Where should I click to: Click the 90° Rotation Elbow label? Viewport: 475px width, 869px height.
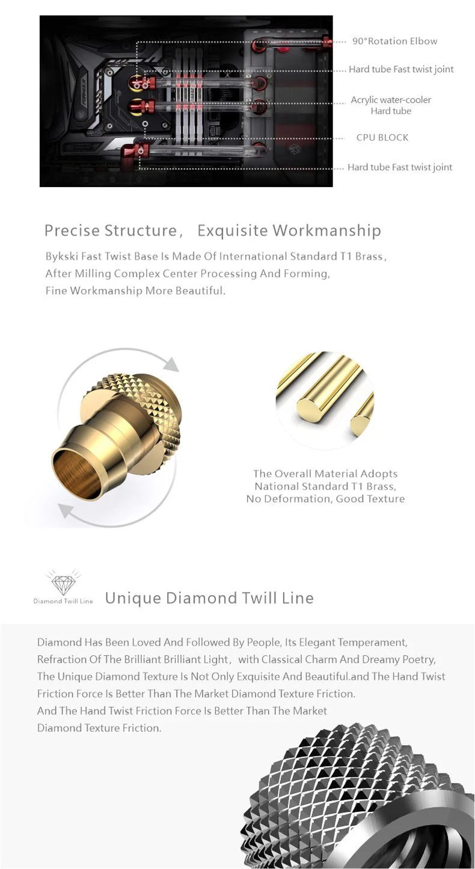click(395, 41)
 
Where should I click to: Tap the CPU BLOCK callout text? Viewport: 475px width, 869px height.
click(382, 137)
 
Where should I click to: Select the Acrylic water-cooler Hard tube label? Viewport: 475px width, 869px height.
click(391, 105)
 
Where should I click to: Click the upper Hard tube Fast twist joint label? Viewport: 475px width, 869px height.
click(401, 69)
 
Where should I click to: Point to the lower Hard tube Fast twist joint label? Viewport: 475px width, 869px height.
click(400, 167)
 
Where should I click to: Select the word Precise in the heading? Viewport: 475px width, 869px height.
click(72, 230)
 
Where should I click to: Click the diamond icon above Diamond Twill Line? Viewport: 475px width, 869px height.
click(63, 582)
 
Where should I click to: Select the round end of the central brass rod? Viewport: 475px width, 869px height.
click(310, 407)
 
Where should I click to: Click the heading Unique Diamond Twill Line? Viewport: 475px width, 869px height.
click(209, 598)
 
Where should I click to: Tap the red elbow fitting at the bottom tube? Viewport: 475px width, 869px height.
click(132, 153)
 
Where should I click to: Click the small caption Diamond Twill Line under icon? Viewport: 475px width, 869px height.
click(63, 601)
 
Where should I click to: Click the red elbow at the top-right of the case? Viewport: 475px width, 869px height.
click(328, 42)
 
